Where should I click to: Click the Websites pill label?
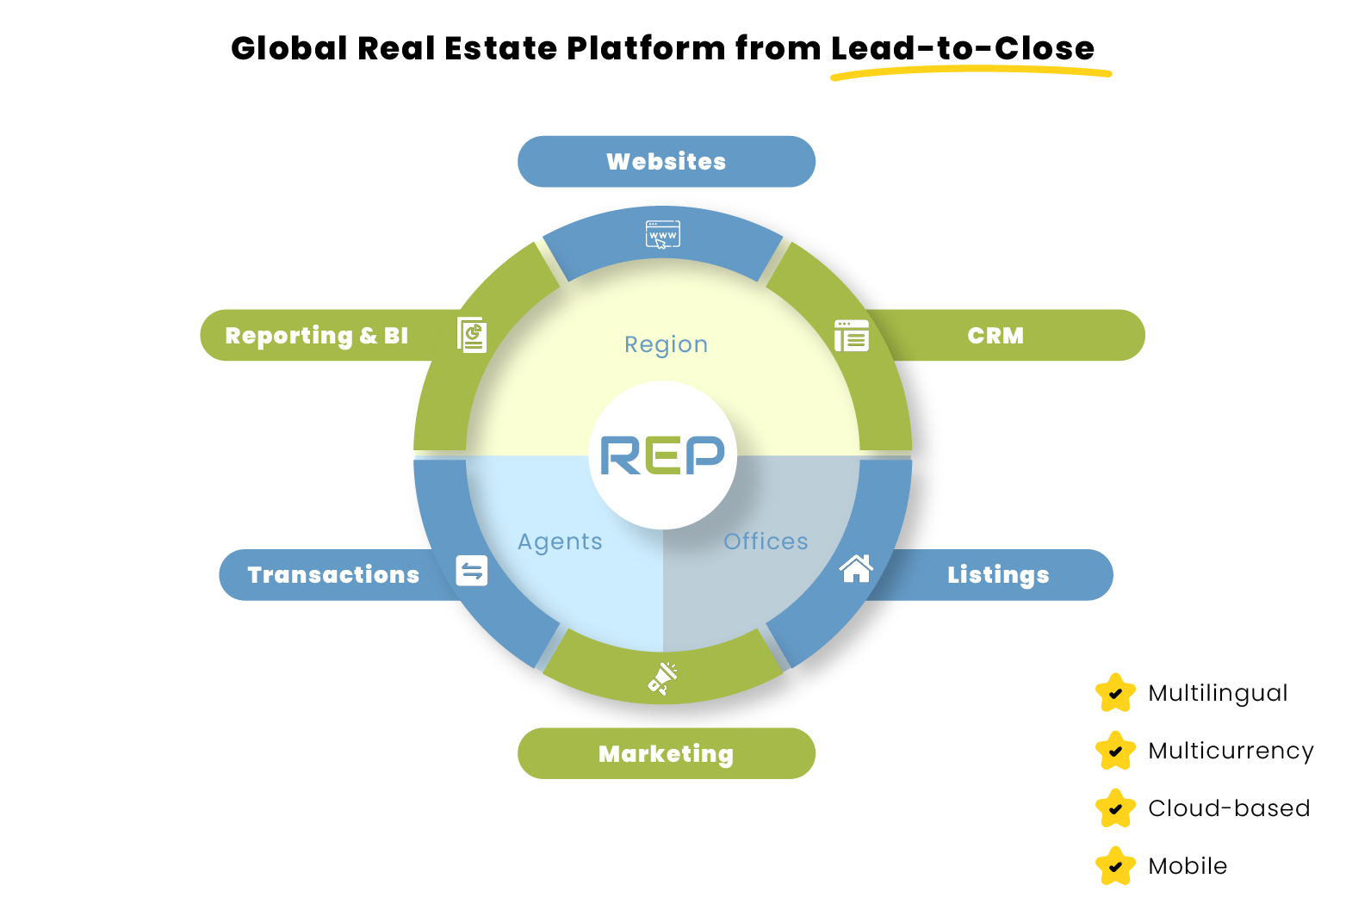[667, 162]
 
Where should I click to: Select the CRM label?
[995, 336]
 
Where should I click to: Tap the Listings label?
[998, 575]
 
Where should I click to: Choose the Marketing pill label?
[667, 754]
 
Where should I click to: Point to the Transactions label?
[333, 575]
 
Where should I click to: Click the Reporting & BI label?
[316, 336]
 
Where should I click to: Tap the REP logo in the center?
[663, 455]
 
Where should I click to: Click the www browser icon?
[663, 235]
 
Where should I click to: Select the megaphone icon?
[663, 678]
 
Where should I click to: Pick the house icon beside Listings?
[856, 568]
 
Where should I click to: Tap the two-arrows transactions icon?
[471, 571]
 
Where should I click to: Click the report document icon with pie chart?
[472, 334]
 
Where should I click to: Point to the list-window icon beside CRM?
[852, 336]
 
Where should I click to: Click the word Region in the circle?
[666, 345]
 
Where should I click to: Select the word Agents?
[560, 541]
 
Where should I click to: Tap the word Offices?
[766, 541]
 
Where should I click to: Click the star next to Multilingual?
[1115, 692]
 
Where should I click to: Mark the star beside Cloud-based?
[1115, 807]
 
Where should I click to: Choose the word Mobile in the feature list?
[1188, 866]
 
